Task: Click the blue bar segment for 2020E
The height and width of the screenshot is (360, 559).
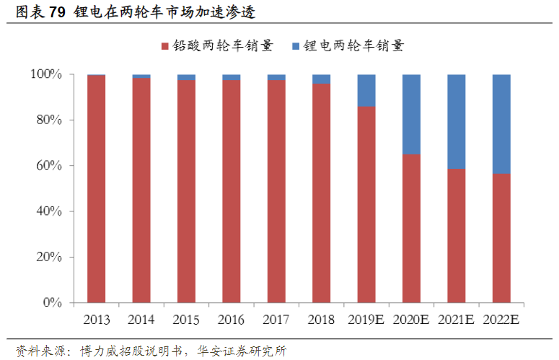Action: coord(411,115)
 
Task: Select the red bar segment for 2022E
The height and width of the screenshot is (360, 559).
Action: coord(501,238)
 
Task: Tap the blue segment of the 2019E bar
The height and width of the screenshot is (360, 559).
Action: coord(366,90)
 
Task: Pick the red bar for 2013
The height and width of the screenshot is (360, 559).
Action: coord(96,189)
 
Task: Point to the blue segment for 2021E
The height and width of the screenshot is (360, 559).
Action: coord(457,121)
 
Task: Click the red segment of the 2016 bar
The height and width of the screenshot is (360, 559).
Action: coord(232,191)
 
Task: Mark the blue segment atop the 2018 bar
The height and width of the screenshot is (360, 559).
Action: coord(321,79)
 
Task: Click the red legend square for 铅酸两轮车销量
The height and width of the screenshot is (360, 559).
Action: coord(164,46)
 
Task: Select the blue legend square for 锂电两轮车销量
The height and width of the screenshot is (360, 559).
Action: coord(296,46)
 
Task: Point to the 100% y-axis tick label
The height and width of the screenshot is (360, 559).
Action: coord(46,74)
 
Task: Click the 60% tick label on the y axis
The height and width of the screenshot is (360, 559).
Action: coord(49,166)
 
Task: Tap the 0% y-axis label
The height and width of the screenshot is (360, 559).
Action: coord(53,302)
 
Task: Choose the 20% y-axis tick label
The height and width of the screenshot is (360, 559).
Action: coord(49,257)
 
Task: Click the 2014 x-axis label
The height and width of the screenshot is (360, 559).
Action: coord(141,320)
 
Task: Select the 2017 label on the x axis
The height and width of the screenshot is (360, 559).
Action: coord(276,320)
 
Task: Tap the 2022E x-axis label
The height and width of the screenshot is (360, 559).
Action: coord(501,320)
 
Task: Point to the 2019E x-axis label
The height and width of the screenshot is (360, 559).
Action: coord(366,320)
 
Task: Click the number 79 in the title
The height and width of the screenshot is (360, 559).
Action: coord(58,12)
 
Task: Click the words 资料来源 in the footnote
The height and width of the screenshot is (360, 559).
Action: coord(40,351)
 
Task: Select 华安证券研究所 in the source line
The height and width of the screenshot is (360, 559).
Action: coord(242,351)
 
